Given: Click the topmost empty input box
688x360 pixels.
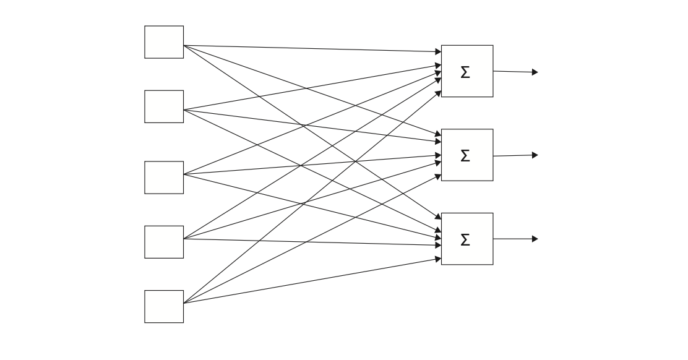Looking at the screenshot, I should click(x=164, y=42).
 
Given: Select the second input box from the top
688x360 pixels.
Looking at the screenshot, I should click(x=164, y=106).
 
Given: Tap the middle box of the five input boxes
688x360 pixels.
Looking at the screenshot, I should click(x=164, y=178).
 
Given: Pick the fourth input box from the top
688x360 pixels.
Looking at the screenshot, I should click(x=164, y=242).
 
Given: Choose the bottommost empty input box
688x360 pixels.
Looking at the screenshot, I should click(x=164, y=306).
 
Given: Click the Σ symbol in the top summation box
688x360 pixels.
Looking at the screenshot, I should click(x=465, y=72).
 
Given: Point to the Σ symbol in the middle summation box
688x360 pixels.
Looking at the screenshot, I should click(x=465, y=156).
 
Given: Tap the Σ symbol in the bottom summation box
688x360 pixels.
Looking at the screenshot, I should click(x=465, y=240).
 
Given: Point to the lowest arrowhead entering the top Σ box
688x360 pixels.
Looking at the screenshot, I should click(x=438, y=93).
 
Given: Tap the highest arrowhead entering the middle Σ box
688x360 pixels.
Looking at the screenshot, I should click(x=438, y=134).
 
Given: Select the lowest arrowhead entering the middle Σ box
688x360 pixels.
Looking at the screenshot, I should click(x=438, y=176).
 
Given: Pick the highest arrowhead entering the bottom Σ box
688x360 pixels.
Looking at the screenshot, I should click(x=438, y=218).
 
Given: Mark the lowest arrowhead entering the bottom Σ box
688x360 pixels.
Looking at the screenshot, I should click(x=438, y=259).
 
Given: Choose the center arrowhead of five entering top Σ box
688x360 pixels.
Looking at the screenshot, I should click(x=438, y=72).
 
